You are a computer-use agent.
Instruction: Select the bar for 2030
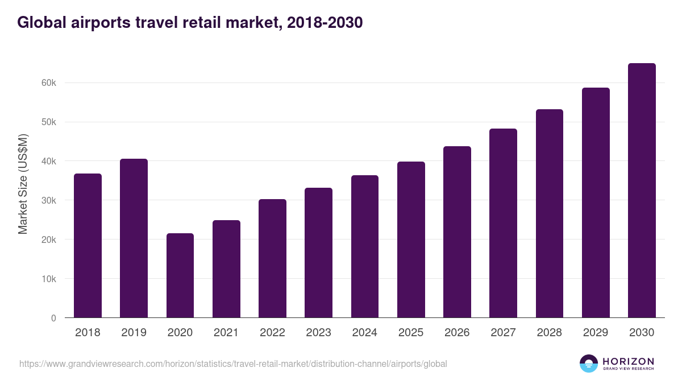point(642,191)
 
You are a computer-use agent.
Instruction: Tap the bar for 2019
point(134,238)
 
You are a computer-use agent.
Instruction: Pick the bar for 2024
point(365,246)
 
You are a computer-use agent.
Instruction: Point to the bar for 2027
point(503,223)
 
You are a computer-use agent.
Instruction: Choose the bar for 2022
point(272,258)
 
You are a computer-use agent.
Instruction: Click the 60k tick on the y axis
point(48,83)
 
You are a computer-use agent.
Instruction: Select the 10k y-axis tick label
point(48,279)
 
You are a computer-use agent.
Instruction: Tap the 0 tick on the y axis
point(53,319)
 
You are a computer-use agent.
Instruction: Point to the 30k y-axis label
point(48,201)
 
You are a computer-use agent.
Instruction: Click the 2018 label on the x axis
point(88,333)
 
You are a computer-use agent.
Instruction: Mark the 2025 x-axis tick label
point(411,333)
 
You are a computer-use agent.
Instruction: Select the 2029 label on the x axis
point(596,333)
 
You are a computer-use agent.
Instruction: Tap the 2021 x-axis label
point(226,333)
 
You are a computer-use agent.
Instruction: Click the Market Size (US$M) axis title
point(23,184)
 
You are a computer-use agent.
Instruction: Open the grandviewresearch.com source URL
point(233,364)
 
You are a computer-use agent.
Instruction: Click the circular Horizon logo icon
point(589,364)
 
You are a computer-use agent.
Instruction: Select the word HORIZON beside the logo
point(628,361)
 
